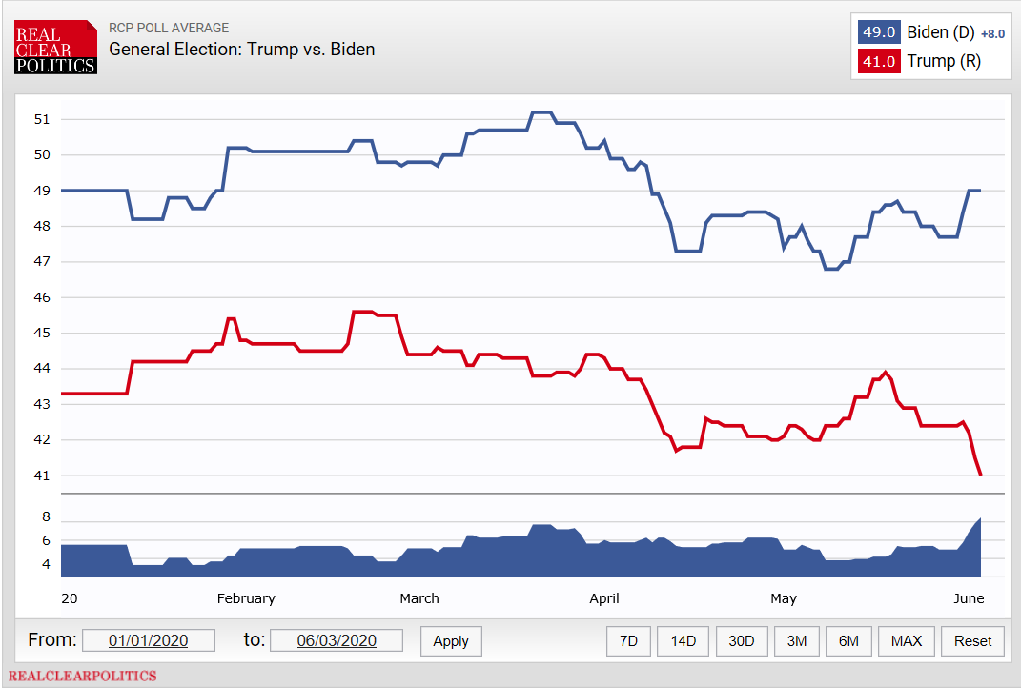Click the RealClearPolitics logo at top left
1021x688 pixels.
pyautogui.click(x=55, y=47)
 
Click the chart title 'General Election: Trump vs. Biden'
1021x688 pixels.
pyautogui.click(x=242, y=50)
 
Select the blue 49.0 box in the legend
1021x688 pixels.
pyautogui.click(x=878, y=31)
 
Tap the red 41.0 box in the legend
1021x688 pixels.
pyautogui.click(x=878, y=61)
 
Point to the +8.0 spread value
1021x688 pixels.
pyautogui.click(x=992, y=33)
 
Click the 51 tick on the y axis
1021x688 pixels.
pyautogui.click(x=41, y=119)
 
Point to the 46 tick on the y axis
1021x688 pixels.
pyautogui.click(x=41, y=297)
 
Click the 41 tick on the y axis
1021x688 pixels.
pyautogui.click(x=41, y=476)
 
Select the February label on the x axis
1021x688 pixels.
pyautogui.click(x=246, y=598)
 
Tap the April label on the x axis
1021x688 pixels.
pyautogui.click(x=604, y=598)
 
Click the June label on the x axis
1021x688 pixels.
pyautogui.click(x=969, y=598)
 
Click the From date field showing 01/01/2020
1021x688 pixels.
pyautogui.click(x=149, y=640)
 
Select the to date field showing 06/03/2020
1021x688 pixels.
pyautogui.click(x=337, y=640)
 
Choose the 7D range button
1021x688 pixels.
pyautogui.click(x=628, y=641)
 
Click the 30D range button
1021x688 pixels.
pyautogui.click(x=741, y=641)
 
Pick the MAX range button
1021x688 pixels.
pyautogui.click(x=906, y=641)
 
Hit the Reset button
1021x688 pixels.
pyautogui.click(x=972, y=641)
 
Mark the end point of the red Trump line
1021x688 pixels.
pyautogui.click(x=981, y=475)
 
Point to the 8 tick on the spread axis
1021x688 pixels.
pyautogui.click(x=45, y=517)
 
